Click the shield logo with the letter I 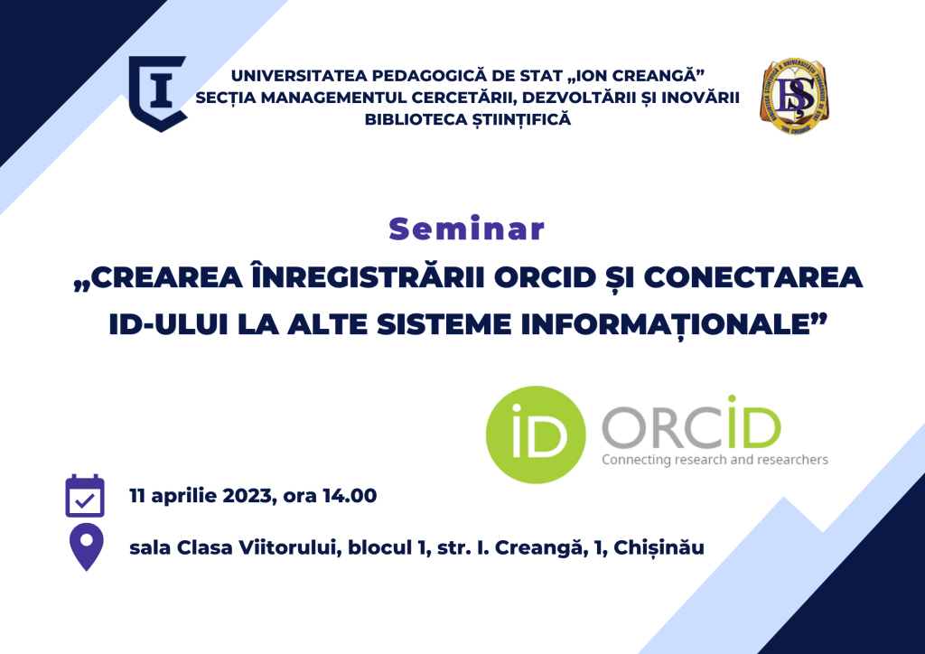158,93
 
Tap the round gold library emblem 794,96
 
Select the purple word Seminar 467,229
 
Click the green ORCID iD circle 536,435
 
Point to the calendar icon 85,496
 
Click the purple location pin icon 86,547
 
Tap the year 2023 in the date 246,496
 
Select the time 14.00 350,496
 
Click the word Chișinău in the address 659,547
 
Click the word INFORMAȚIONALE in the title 666,325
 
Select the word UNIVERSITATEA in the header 300,76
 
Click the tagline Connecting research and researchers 715,460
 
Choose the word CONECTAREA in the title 752,277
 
